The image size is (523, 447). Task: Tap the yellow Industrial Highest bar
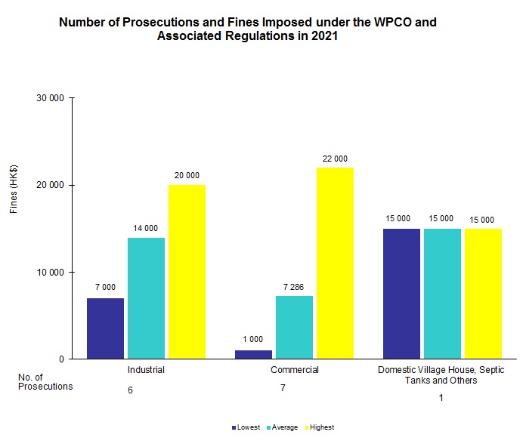tap(187, 272)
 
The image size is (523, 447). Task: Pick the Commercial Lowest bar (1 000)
tap(253, 354)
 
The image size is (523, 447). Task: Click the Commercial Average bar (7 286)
tap(294, 327)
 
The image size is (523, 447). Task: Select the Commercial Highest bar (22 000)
tap(335, 263)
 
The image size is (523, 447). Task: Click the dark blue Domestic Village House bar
tap(401, 293)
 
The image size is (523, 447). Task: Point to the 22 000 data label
tap(335, 159)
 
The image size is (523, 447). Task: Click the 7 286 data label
tap(294, 287)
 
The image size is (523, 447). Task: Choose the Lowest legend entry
tap(246, 427)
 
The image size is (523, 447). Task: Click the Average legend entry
tap(283, 427)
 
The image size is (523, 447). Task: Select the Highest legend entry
tap(320, 427)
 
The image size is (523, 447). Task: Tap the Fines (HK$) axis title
tap(14, 190)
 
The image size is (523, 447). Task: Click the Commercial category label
tap(295, 370)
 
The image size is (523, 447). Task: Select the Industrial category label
tap(147, 370)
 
